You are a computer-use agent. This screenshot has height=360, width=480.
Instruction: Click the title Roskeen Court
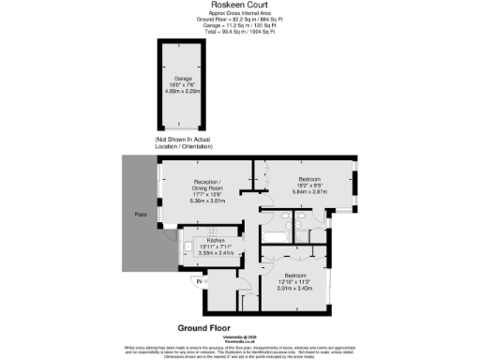tap(240, 5)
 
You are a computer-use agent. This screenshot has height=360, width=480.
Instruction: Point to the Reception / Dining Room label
tap(205, 185)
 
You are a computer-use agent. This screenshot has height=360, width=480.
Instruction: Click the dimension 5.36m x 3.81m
tap(205, 200)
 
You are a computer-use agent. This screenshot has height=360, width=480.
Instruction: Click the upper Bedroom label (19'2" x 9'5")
tap(309, 178)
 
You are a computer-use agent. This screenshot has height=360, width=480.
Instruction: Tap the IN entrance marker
tap(199, 281)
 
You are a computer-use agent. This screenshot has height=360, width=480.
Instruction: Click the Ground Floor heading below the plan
tap(208, 328)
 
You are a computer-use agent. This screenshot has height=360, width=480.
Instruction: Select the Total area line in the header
tap(240, 31)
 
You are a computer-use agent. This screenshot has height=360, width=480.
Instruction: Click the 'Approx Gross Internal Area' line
tap(240, 13)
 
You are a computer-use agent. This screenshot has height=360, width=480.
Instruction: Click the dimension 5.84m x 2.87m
tap(309, 191)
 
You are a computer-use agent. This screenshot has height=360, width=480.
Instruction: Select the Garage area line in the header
tap(240, 25)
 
